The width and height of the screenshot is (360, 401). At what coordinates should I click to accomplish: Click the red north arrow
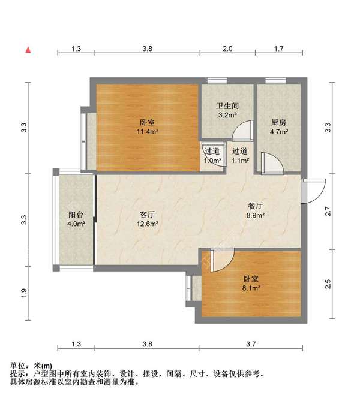pyautogui.click(x=28, y=50)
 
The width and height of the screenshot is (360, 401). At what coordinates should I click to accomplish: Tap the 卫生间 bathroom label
pyautogui.click(x=227, y=105)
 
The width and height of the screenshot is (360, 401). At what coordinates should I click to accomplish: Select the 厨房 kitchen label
pyautogui.click(x=278, y=122)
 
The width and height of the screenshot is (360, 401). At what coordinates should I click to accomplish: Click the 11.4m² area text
pyautogui.click(x=148, y=132)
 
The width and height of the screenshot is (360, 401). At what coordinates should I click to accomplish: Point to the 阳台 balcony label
pyautogui.click(x=76, y=215)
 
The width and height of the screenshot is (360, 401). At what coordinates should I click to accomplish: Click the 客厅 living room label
pyautogui.click(x=147, y=215)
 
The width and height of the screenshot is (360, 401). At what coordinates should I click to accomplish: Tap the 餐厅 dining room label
pyautogui.click(x=255, y=206)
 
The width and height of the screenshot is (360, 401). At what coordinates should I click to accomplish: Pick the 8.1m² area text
pyautogui.click(x=251, y=288)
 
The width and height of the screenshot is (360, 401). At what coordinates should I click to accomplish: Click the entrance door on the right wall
pyautogui.click(x=313, y=191)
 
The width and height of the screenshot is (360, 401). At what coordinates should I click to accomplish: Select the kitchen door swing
pyautogui.click(x=272, y=164)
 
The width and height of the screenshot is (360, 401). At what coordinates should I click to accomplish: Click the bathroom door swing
pyautogui.click(x=242, y=131)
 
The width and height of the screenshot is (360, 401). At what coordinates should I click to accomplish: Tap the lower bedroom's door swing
pyautogui.click(x=222, y=260)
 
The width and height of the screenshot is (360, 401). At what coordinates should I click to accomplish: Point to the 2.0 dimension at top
pyautogui.click(x=227, y=49)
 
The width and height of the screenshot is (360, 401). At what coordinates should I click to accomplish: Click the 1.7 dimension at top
pyautogui.click(x=279, y=49)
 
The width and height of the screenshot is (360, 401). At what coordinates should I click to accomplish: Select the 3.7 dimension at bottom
pyautogui.click(x=251, y=344)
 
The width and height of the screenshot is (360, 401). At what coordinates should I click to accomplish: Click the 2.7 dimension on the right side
pyautogui.click(x=328, y=211)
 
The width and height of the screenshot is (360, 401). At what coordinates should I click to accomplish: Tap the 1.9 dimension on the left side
pyautogui.click(x=24, y=293)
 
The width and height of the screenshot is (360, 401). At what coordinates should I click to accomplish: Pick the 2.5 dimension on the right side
pyautogui.click(x=328, y=284)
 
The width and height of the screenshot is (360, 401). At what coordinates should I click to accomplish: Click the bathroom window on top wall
pyautogui.click(x=217, y=80)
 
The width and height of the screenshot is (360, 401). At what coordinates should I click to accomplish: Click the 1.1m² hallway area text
pyautogui.click(x=241, y=161)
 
